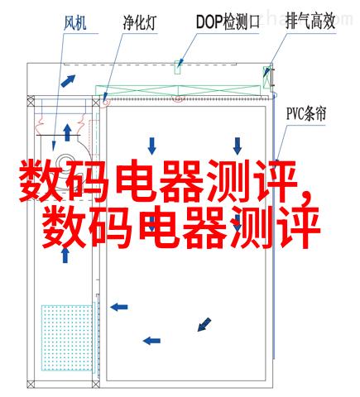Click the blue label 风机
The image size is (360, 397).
[75, 22]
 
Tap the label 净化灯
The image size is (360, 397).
[140, 22]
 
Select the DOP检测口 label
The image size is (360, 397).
[228, 22]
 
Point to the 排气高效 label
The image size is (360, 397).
[310, 22]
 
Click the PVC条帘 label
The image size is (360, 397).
[306, 113]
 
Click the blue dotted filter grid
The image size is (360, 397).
[67, 337]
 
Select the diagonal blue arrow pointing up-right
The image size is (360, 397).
[68, 80]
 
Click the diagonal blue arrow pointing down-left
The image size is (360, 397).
[204, 324]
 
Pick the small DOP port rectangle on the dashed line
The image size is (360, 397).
[178, 67]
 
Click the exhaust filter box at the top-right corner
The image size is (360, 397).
[266, 77]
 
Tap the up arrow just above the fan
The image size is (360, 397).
[67, 132]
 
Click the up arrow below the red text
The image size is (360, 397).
[65, 256]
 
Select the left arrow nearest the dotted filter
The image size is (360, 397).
[119, 307]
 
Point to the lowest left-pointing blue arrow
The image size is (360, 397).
[151, 341]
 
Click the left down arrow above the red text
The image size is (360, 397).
[151, 146]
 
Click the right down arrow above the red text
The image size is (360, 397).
[238, 146]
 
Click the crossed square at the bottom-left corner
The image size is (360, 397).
[31, 384]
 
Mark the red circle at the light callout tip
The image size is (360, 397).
[105, 103]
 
